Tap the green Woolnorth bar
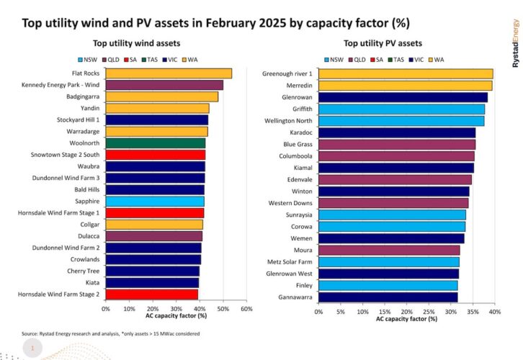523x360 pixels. pos(156,143)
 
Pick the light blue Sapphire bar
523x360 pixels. pos(155,201)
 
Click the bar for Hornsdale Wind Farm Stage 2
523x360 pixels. pos(152,294)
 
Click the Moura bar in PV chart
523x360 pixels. pos(389,250)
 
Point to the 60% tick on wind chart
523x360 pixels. pos(246,308)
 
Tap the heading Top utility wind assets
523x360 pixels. pos(136,44)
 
